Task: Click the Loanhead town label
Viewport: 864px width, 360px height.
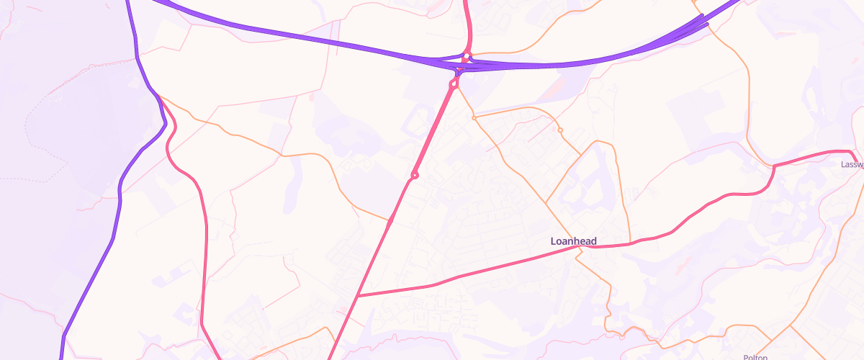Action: click(x=573, y=241)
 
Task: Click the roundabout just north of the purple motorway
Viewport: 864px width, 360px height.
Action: click(x=467, y=55)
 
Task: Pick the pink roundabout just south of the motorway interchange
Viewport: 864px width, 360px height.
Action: click(x=454, y=84)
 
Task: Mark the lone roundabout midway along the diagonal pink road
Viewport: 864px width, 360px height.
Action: click(x=415, y=175)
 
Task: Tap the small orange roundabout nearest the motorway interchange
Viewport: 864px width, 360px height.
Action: click(x=474, y=117)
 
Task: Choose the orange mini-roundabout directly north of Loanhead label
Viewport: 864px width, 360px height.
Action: click(x=560, y=130)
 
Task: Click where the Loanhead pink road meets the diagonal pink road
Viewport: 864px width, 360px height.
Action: click(x=357, y=296)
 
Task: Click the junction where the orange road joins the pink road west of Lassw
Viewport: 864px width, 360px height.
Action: click(x=773, y=166)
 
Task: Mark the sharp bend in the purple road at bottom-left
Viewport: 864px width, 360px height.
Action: click(x=64, y=336)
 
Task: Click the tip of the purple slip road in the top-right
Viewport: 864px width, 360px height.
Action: click(x=707, y=24)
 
